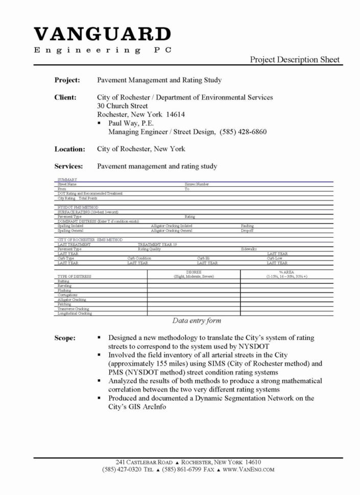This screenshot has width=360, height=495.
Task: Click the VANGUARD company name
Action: (102, 35)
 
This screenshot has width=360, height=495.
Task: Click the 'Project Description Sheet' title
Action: (295, 60)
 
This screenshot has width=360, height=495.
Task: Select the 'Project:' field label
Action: (67, 80)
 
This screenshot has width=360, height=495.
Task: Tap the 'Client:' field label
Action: (66, 97)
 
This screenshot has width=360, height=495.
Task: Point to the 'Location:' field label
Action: (69, 149)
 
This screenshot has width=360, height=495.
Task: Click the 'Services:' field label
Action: (69, 166)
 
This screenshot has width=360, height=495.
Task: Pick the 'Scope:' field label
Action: (65, 338)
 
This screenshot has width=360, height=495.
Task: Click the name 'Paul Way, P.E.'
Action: (131, 123)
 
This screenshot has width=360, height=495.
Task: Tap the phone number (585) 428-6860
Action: (243, 132)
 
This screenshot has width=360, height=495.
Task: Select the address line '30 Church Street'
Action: (123, 106)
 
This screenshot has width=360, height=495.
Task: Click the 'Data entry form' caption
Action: (196, 321)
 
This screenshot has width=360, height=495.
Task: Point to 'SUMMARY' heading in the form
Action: (67, 180)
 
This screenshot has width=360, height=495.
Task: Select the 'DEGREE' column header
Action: (194, 272)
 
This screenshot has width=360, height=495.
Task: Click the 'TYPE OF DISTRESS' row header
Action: (75, 276)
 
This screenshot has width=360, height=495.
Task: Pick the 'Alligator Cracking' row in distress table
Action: (72, 300)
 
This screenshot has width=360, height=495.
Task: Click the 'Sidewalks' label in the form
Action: (251, 249)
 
